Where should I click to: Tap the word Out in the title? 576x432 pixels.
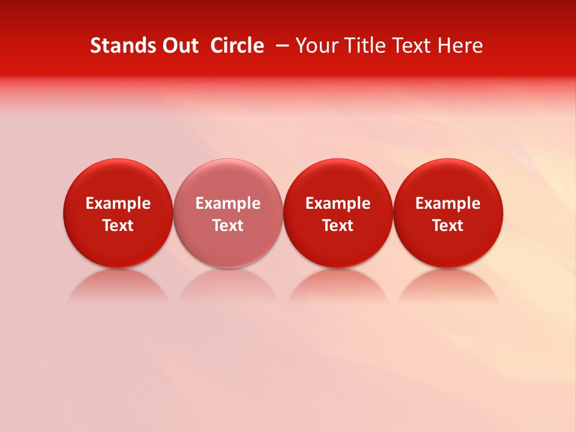178,46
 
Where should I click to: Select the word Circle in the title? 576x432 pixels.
237,46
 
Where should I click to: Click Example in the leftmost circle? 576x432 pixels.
118,203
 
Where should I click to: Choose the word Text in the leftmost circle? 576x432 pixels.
118,226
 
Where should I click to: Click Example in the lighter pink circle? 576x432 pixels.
228,203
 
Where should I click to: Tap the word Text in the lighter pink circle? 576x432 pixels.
228,226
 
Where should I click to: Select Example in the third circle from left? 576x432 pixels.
338,203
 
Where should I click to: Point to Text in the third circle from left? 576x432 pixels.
338,226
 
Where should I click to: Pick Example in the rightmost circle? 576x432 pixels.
448,203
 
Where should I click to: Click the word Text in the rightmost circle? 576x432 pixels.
448,226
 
